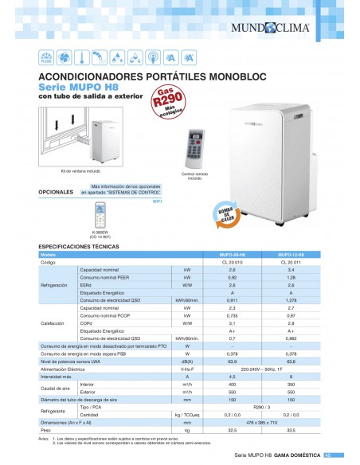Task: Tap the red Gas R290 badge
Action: click(x=167, y=103)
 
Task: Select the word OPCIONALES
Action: click(x=56, y=192)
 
